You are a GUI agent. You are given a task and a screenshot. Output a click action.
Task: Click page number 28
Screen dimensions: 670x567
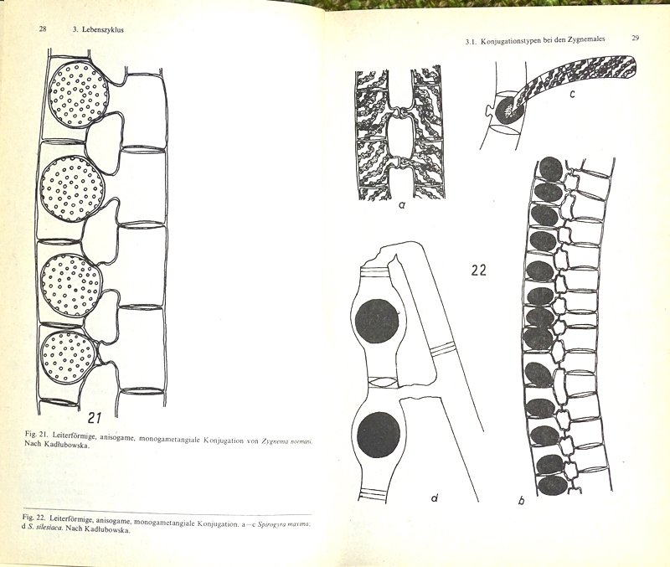point(43,29)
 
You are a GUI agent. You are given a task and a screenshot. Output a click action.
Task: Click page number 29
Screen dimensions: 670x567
point(635,38)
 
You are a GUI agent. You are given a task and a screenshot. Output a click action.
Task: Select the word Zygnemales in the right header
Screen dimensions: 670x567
point(586,39)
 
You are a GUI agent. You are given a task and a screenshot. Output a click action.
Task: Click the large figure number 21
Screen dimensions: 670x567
point(95,417)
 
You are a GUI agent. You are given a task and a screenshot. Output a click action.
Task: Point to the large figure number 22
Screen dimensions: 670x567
point(478,270)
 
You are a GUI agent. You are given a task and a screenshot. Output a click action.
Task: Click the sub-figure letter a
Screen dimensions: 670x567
point(402,205)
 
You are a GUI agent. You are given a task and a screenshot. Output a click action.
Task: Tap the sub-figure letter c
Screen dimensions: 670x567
point(572,94)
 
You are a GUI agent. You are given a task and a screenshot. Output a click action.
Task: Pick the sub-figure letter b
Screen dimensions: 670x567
point(521,500)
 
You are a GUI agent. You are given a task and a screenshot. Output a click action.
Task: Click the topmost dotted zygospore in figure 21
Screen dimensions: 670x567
point(79,95)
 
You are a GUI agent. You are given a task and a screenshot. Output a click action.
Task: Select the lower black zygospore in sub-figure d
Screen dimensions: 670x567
point(379,435)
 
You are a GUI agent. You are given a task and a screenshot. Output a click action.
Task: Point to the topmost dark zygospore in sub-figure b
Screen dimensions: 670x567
point(551,168)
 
